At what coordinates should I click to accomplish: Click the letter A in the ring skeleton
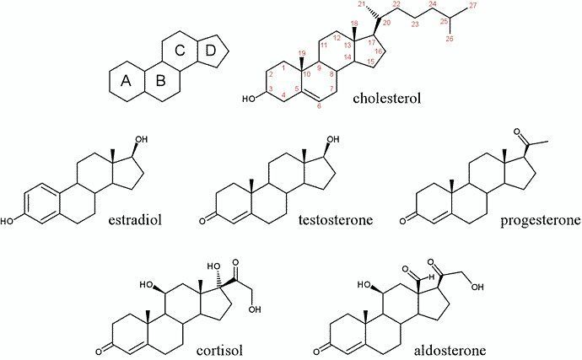[x=126, y=81]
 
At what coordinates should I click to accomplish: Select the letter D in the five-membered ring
[x=210, y=51]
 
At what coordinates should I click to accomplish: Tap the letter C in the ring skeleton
[x=180, y=50]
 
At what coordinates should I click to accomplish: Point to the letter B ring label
[x=160, y=81]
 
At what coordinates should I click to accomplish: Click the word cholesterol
[x=387, y=99]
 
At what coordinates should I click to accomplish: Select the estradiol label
[x=135, y=220]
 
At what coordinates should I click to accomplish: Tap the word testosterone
[x=336, y=220]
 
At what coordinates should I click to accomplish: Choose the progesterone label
[x=541, y=220]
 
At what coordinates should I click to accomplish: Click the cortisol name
[x=220, y=350]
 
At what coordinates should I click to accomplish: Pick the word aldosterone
[x=450, y=350]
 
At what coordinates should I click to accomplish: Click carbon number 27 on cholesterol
[x=472, y=5]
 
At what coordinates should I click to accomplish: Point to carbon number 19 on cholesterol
[x=301, y=53]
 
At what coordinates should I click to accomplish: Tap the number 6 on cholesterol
[x=319, y=105]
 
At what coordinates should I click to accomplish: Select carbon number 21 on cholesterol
[x=362, y=3]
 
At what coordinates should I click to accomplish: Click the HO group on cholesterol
[x=249, y=99]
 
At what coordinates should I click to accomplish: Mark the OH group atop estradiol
[x=142, y=140]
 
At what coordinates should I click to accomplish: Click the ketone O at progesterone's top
[x=517, y=132]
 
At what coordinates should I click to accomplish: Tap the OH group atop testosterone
[x=333, y=140]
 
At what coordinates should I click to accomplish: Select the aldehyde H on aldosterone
[x=430, y=277]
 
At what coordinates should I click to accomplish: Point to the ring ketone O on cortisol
[x=99, y=351]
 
